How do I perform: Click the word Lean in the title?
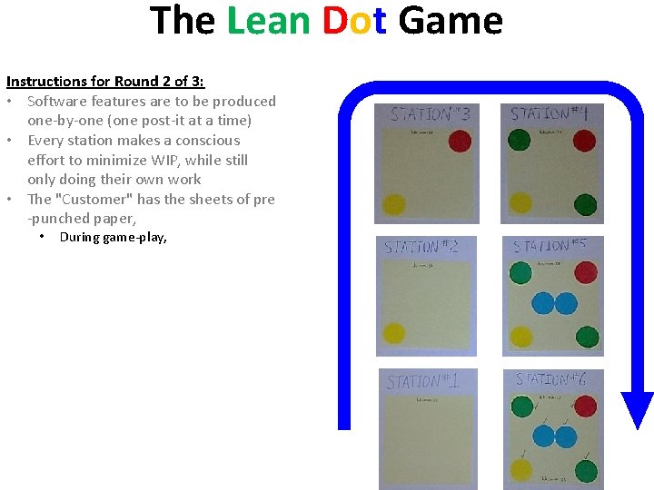[270, 21]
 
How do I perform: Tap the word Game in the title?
[450, 21]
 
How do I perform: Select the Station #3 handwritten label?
[431, 115]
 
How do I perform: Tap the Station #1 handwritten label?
[421, 381]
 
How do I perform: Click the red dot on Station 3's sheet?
[461, 141]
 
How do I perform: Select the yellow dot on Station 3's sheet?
[394, 205]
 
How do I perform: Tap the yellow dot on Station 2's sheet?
[394, 334]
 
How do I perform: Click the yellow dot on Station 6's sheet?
[520, 469]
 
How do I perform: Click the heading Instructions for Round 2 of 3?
[105, 82]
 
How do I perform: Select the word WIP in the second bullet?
[198, 161]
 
